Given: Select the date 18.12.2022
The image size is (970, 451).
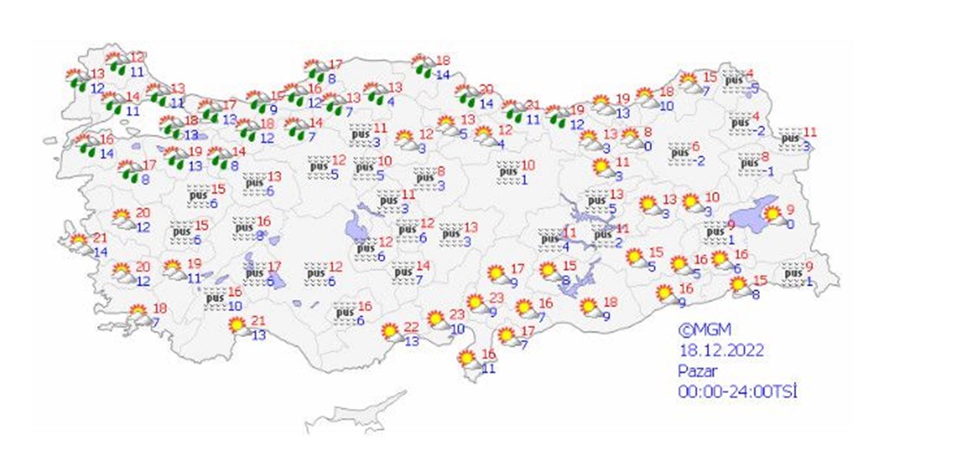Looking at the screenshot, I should tap(721, 350).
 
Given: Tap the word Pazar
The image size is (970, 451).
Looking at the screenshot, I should tap(696, 371).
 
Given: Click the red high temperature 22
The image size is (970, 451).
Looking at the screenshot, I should tap(411, 327).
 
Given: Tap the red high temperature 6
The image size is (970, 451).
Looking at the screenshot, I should tap(695, 145).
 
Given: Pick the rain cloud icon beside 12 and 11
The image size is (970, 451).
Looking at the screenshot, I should tap(119, 65).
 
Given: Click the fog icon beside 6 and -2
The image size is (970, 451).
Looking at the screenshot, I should tap(681, 152).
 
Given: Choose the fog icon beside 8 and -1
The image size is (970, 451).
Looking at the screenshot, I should tap(749, 163).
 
